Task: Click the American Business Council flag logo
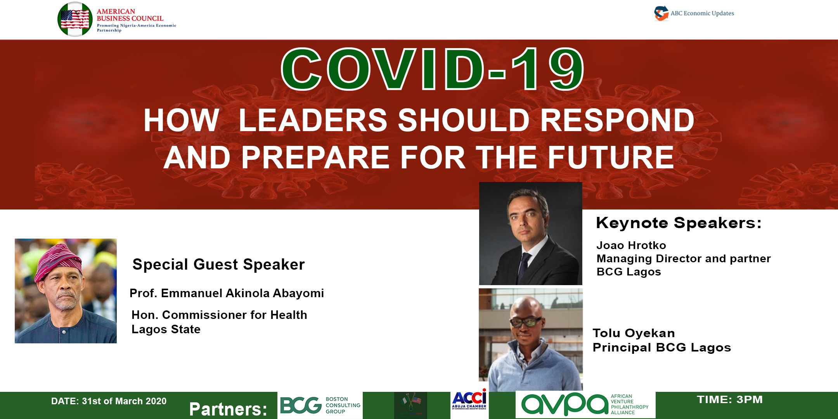tap(75, 19)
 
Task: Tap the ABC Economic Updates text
tap(702, 13)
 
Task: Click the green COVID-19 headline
tap(433, 69)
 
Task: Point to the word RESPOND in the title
tap(617, 120)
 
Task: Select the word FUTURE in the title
tap(611, 158)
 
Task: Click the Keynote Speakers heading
tap(679, 223)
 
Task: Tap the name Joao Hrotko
tap(631, 245)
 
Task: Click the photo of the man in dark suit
tap(531, 234)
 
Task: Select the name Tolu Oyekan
tap(634, 333)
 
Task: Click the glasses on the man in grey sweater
tap(526, 322)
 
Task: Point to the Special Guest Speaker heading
tap(219, 265)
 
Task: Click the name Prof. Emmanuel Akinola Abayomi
tap(227, 293)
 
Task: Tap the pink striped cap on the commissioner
tap(58, 260)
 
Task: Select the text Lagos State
tap(166, 329)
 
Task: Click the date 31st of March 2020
tap(124, 401)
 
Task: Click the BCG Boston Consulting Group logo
tap(320, 405)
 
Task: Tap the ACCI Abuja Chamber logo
tap(469, 400)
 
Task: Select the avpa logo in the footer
tap(585, 404)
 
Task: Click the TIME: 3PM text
tap(730, 400)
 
